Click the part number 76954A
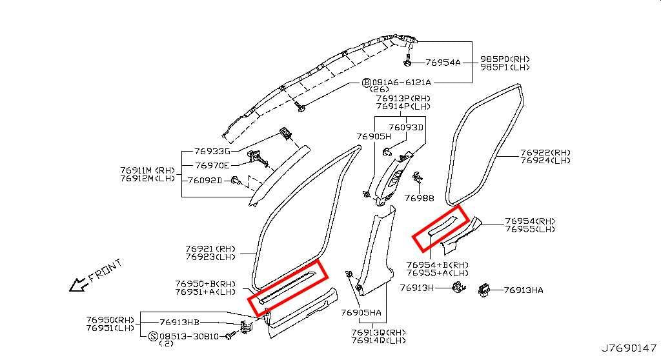point(443,63)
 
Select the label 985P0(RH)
point(505,59)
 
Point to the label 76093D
point(405,127)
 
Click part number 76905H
point(374,136)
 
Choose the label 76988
point(419,197)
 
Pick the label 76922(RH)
point(545,153)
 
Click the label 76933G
point(212,151)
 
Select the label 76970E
point(212,166)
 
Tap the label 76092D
point(205,181)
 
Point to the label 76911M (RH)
point(148,170)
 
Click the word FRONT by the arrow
point(105,270)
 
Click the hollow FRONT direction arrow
point(79,285)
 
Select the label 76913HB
point(179,323)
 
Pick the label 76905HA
point(361,313)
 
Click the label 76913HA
point(524,290)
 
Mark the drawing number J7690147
point(629,348)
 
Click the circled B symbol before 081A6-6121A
point(367,83)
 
